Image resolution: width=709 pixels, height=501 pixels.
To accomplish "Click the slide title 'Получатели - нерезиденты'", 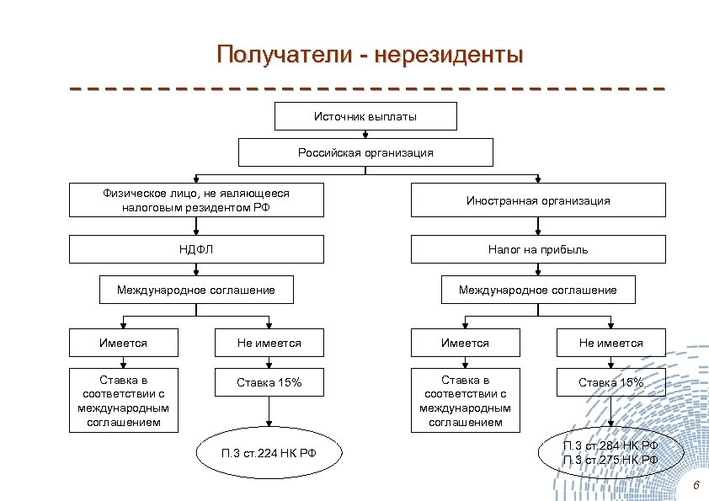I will pos(370,55).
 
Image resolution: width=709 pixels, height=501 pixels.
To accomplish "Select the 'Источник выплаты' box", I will pos(365,116).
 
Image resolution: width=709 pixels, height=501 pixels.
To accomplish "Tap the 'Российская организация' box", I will pos(365,152).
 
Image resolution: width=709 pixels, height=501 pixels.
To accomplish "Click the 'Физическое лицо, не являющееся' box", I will pos(195,200).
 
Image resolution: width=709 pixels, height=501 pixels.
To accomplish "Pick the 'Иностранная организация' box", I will pos(538,201).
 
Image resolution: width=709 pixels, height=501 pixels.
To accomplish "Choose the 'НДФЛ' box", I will pos(195,249).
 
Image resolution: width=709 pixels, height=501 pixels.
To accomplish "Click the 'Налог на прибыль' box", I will pos(538,249).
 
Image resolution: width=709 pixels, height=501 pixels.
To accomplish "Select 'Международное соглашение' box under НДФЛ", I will pos(195,290).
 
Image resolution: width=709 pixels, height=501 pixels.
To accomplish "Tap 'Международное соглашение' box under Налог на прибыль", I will pos(538,290).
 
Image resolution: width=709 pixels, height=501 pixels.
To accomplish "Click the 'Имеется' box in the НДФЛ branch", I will pos(124,343).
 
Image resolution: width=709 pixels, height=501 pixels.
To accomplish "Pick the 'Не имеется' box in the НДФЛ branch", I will pos(269,343).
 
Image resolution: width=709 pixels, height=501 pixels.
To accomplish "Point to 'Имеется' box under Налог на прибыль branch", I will pos(465,343).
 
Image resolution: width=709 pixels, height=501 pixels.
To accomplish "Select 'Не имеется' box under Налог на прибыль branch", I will pos(610,343).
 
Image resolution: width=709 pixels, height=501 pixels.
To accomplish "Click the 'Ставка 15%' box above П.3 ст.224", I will pos(269,382).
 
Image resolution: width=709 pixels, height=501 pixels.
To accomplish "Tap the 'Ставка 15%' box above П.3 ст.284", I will pos(610,382).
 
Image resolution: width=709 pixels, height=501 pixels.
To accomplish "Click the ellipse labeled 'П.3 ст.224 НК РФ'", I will pos(269,453).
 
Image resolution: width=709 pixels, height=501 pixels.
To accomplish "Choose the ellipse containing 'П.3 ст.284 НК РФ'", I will pos(610,452).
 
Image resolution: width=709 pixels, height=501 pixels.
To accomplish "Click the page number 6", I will pos(696,488).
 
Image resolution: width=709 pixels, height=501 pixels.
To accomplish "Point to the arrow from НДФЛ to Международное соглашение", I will pos(195,269).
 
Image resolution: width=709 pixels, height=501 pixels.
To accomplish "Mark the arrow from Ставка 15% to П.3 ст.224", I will pos(269,413).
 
